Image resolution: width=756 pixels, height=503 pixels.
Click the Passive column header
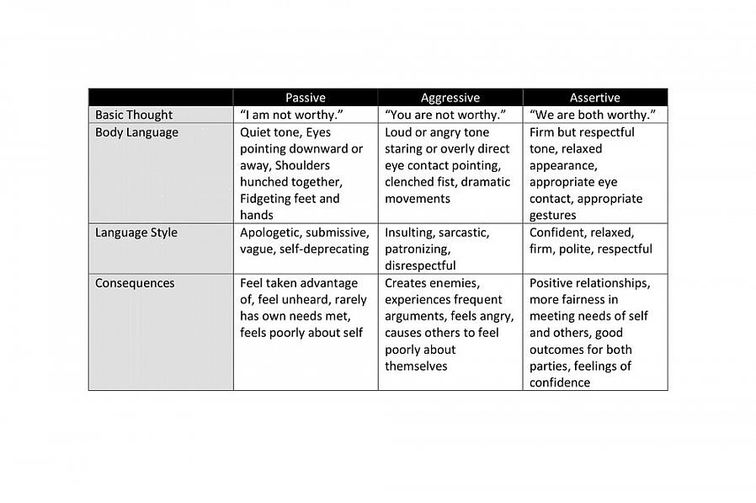coord(305,98)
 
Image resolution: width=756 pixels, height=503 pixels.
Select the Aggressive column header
coord(450,98)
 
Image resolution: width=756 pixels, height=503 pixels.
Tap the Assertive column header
coord(594,98)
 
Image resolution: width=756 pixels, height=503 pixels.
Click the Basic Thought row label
coord(134,115)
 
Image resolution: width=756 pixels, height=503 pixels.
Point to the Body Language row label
coord(136,132)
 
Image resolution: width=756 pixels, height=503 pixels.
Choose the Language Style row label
coord(136,233)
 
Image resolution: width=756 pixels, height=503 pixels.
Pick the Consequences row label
coord(135,283)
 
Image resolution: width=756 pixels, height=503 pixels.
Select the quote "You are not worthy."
coord(445,115)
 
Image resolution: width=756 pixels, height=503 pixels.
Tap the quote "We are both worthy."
coord(593,115)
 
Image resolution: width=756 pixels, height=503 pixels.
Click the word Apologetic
coord(269,233)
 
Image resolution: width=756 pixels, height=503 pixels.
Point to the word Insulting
coord(412,233)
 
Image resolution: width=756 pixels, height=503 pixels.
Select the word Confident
coord(556,233)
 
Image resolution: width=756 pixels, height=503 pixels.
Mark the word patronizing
coord(418,249)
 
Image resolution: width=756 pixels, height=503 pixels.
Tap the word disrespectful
coord(420,265)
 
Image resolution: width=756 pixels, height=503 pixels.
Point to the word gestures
coord(553,216)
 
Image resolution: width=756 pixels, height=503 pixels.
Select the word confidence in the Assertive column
coord(560,383)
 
